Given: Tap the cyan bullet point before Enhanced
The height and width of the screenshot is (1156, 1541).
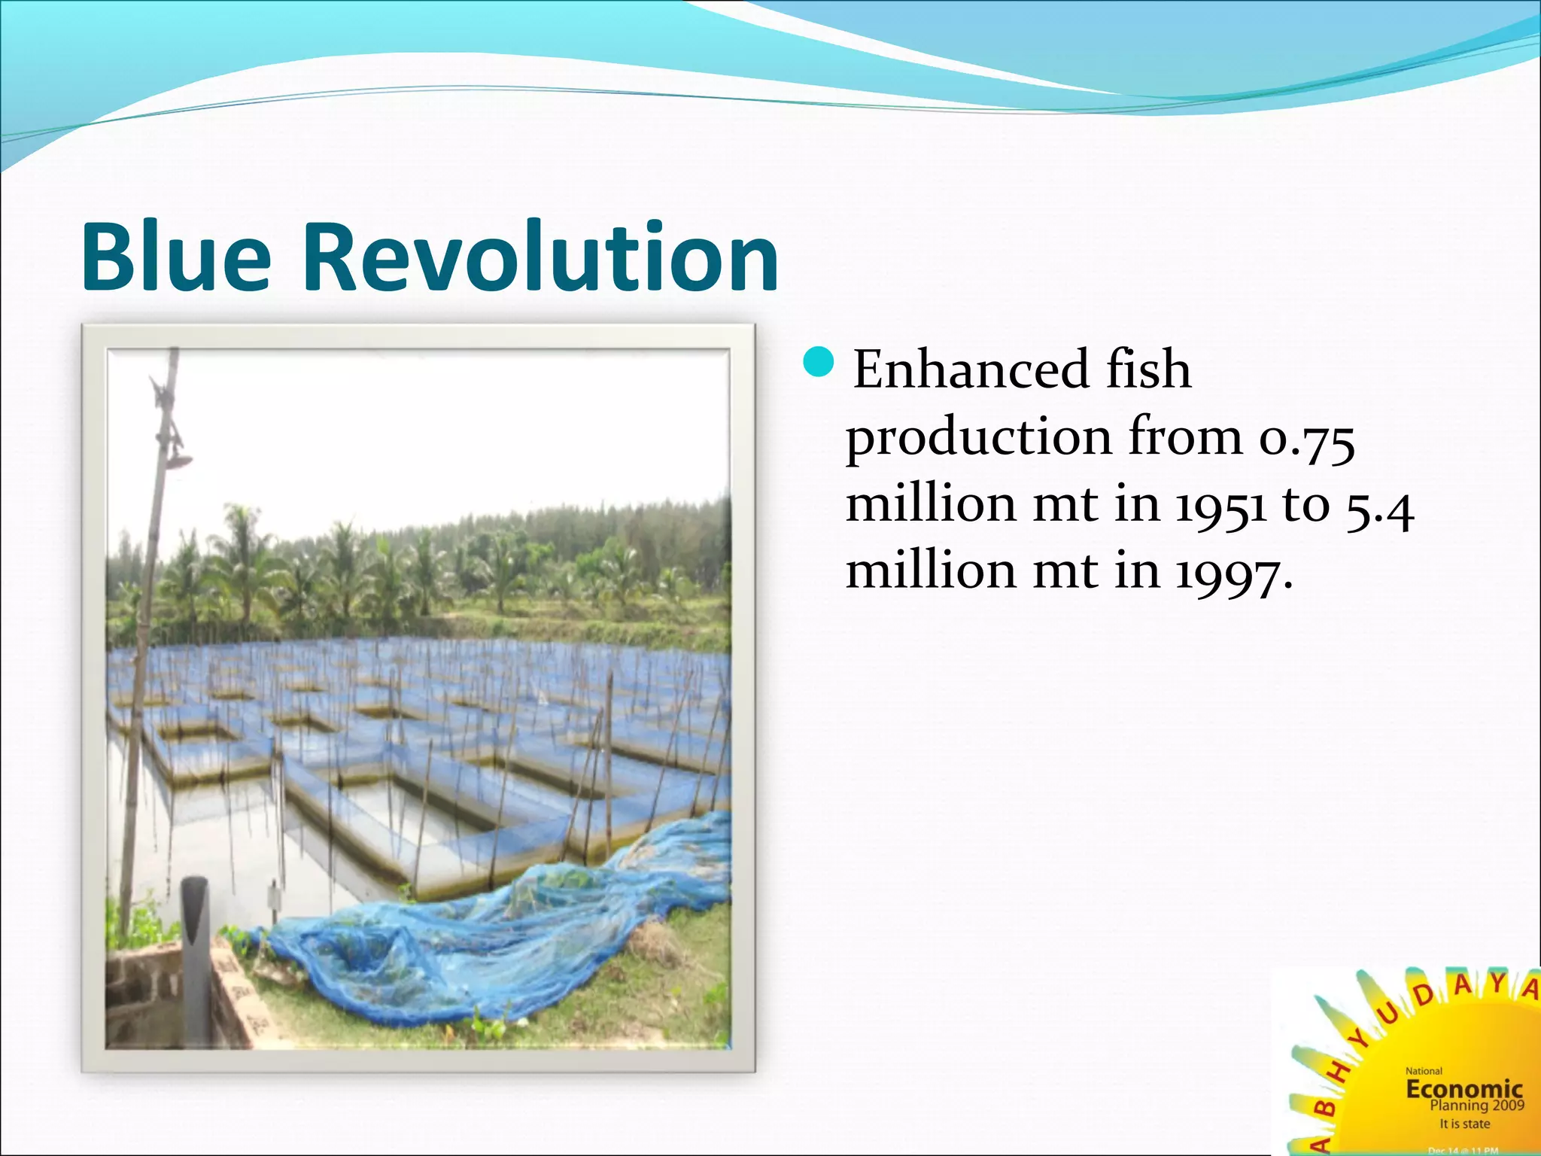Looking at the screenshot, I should click(x=819, y=363).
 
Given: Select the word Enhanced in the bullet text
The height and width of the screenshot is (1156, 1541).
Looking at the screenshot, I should click(x=971, y=370).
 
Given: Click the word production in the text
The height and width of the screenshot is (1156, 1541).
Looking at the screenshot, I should click(x=978, y=439).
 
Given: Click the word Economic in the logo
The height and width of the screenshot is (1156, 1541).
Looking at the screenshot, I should click(x=1463, y=1088).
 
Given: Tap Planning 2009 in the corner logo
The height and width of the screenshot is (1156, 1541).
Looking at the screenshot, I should click(x=1476, y=1105).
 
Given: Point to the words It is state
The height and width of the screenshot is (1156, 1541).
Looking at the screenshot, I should click(x=1464, y=1124).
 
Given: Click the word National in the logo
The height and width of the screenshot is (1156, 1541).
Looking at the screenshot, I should click(x=1424, y=1071).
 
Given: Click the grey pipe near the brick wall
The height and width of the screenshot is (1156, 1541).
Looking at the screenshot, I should click(x=196, y=956).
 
